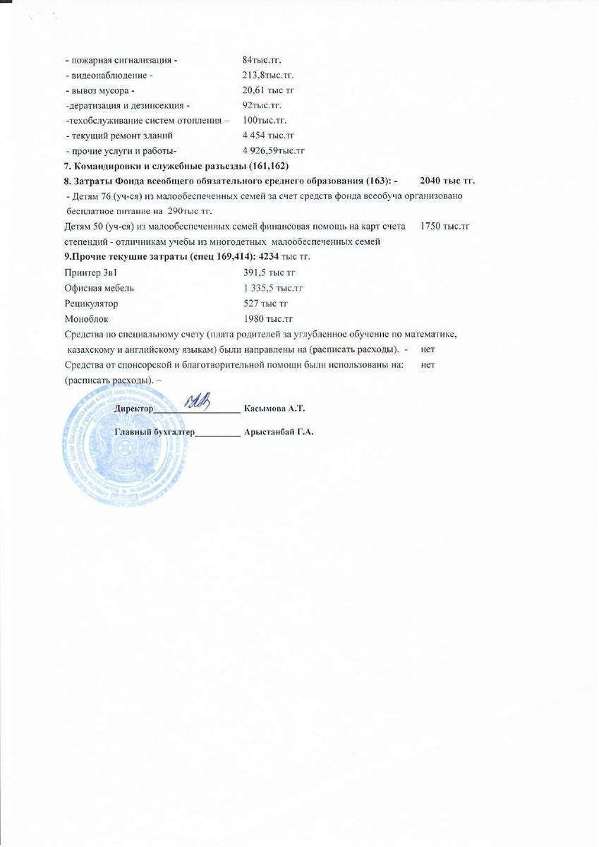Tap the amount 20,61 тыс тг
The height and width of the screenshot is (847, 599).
[268, 90]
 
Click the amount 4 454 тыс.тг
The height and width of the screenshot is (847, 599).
[268, 135]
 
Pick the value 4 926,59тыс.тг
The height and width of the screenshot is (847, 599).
[273, 150]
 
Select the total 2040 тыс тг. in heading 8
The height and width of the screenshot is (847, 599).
[447, 181]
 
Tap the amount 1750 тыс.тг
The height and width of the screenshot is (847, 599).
[444, 227]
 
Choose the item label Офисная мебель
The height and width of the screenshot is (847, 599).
[99, 288]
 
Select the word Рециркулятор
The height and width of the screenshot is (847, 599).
[91, 304]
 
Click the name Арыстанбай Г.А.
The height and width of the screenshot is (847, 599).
[278, 432]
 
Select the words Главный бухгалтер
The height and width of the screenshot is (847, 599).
[154, 432]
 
